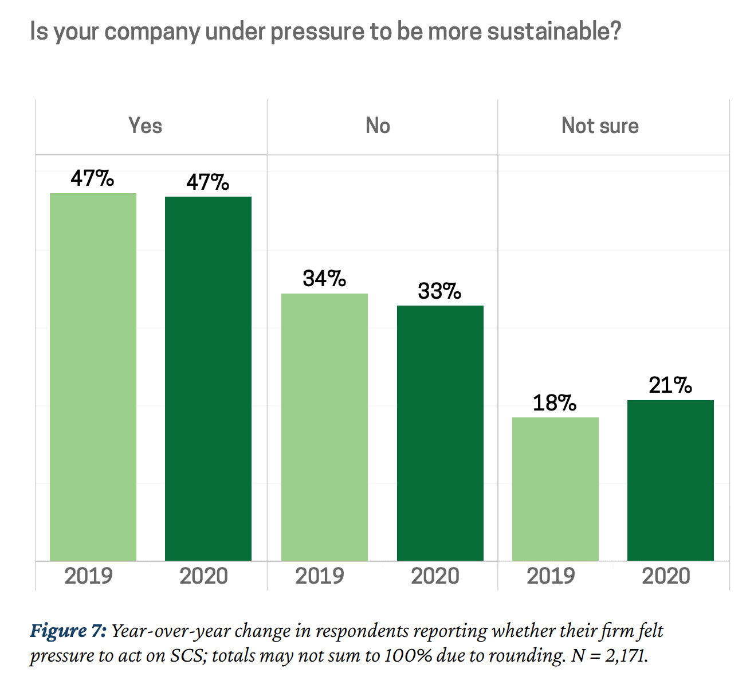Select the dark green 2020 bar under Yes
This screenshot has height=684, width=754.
[208, 378]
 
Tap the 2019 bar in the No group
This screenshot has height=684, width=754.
[324, 427]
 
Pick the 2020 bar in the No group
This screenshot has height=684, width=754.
[440, 433]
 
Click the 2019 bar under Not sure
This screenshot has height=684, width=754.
[555, 489]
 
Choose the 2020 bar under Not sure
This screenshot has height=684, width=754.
[670, 480]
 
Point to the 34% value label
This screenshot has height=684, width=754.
[324, 279]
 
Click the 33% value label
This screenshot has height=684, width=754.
[439, 291]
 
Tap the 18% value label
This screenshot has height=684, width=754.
[555, 403]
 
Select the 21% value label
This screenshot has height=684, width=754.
[670, 385]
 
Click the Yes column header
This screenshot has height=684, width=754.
[145, 126]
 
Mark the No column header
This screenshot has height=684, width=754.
[378, 126]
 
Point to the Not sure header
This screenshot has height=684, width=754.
[600, 126]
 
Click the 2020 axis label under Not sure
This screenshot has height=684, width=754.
[666, 576]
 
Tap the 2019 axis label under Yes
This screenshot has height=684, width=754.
[89, 576]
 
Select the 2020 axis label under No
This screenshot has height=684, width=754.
[435, 576]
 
